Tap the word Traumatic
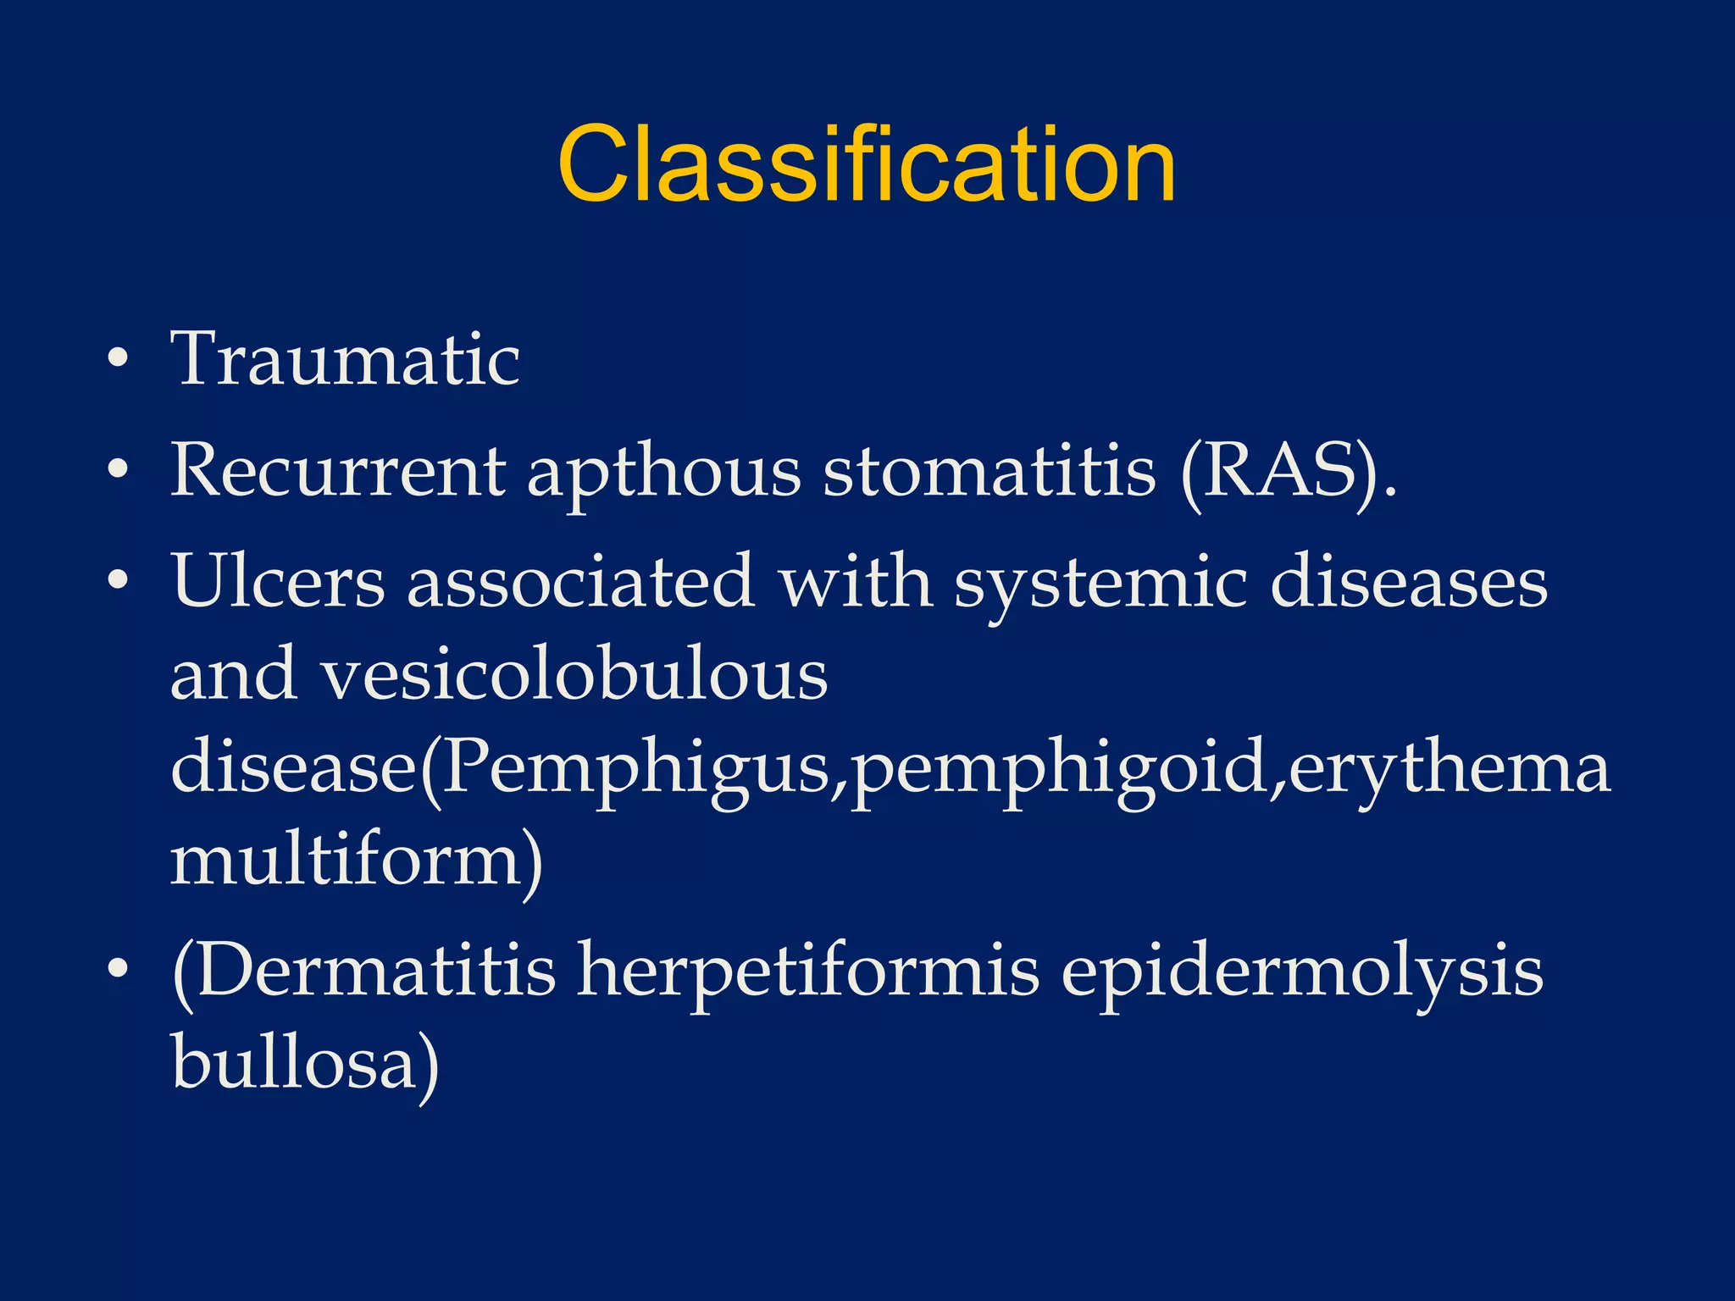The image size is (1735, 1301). click(346, 359)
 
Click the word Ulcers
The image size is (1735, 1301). click(279, 582)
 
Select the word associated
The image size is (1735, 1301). click(580, 582)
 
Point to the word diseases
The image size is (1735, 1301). click(1409, 582)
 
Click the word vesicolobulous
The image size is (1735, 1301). click(574, 675)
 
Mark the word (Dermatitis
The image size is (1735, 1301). click(363, 971)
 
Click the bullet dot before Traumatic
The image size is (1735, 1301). click(119, 359)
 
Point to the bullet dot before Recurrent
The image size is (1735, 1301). click(119, 469)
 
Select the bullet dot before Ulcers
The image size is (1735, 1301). click(119, 581)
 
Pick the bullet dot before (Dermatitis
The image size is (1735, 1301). click(119, 968)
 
